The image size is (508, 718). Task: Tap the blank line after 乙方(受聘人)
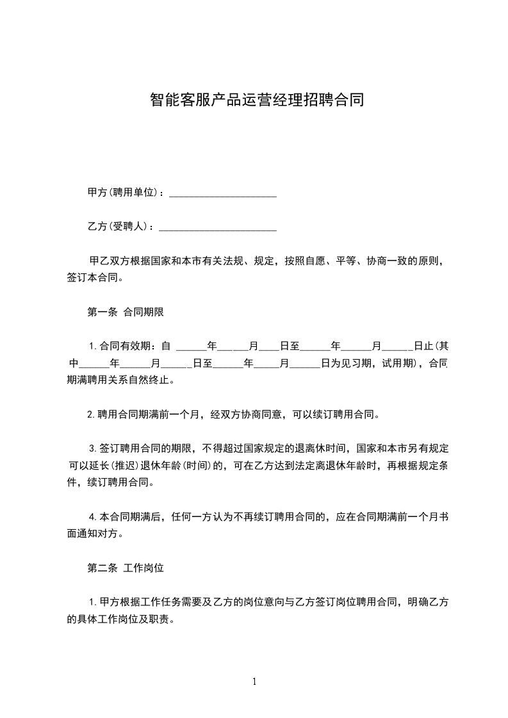(217, 227)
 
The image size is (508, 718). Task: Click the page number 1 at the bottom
(254, 682)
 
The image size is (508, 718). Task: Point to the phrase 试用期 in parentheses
(397, 363)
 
